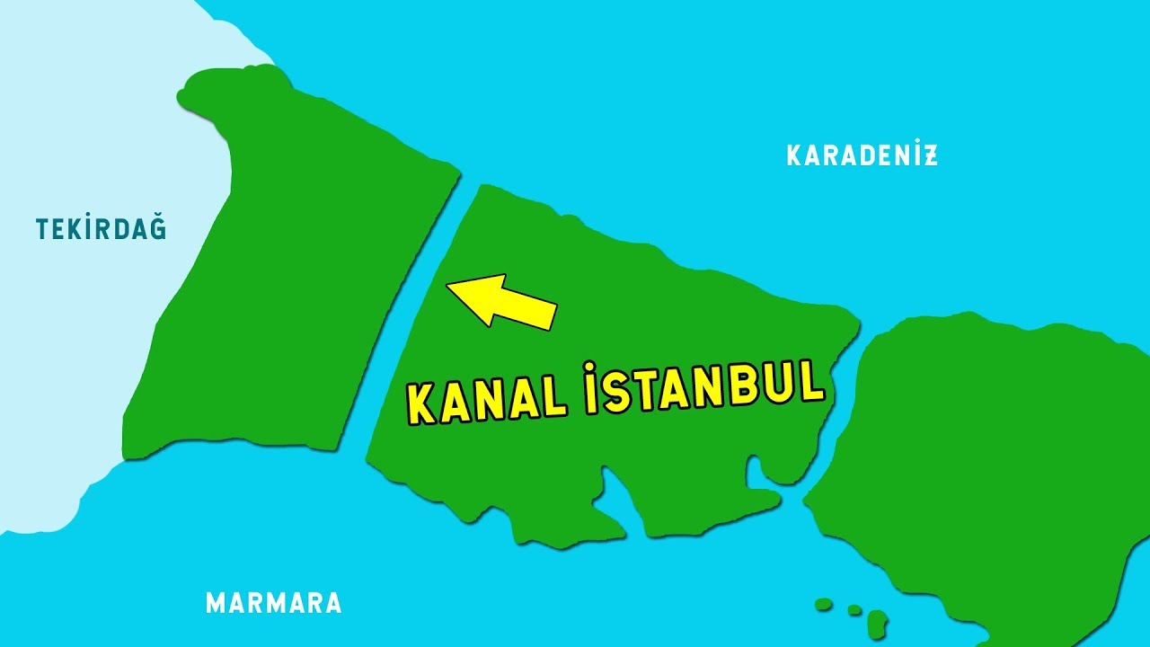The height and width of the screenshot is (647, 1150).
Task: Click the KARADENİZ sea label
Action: tap(862, 155)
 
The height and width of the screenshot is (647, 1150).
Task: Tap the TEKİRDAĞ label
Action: tap(102, 229)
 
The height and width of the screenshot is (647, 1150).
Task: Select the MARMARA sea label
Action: tap(274, 602)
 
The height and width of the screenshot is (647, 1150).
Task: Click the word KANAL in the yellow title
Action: tap(486, 400)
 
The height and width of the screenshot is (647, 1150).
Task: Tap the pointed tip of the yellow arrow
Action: tap(449, 287)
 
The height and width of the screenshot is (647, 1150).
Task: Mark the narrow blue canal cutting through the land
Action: tap(410, 315)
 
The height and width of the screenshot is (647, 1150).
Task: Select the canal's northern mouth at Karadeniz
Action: tap(469, 180)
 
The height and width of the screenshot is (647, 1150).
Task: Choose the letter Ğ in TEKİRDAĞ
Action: tap(157, 227)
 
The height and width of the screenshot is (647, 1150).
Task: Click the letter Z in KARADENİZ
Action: tap(930, 155)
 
